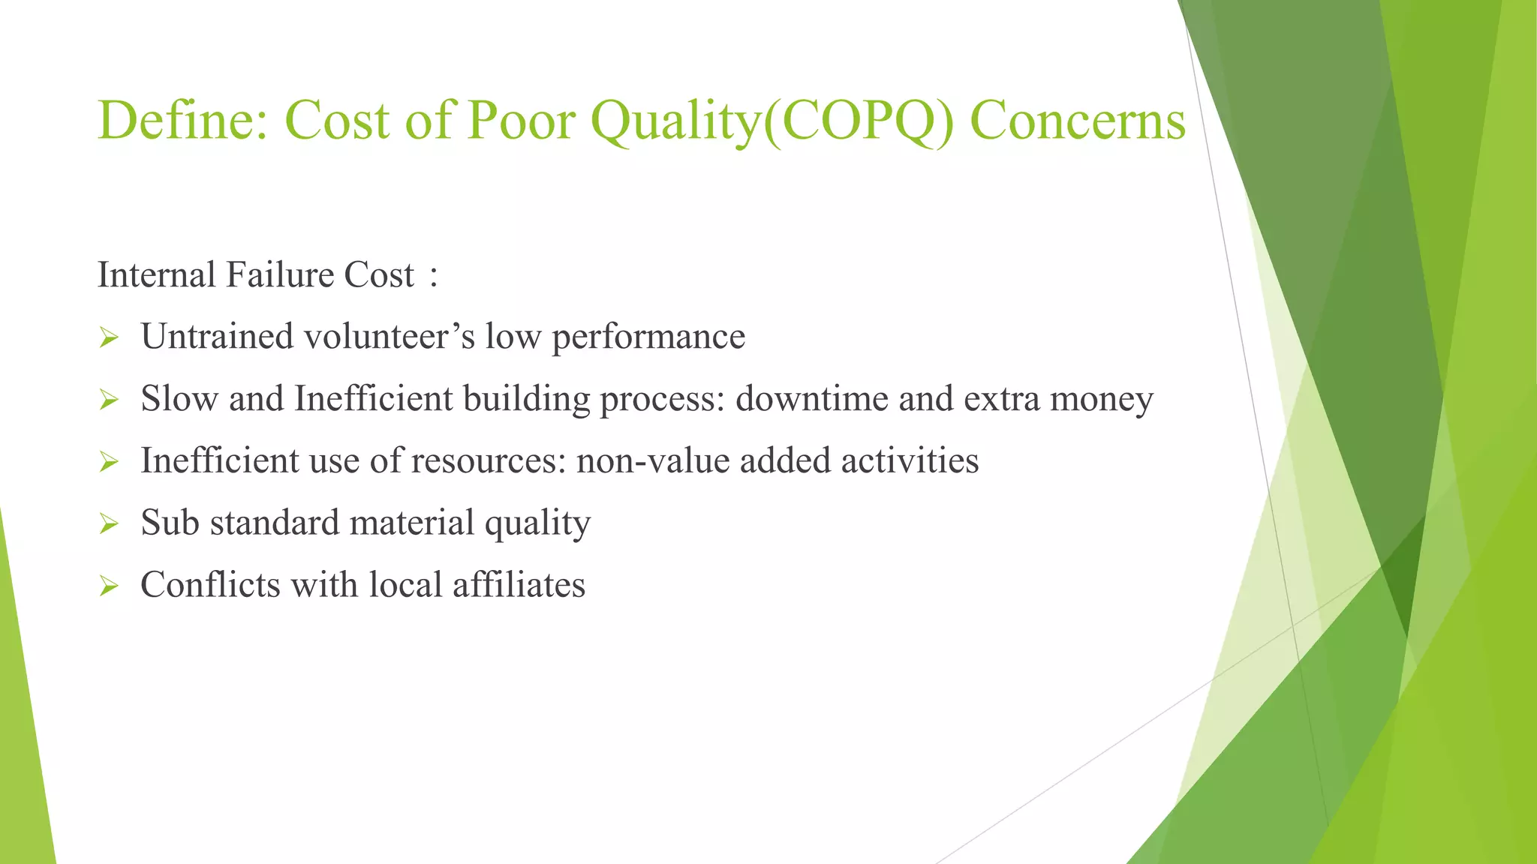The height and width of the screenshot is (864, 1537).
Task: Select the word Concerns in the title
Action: [x=1078, y=121]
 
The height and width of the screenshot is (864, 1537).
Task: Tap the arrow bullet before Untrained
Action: [x=109, y=338]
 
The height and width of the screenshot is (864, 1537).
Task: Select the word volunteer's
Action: [x=389, y=336]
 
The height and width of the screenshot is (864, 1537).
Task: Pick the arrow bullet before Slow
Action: [x=109, y=400]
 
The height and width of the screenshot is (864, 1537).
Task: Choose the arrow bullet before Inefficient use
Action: [x=109, y=463]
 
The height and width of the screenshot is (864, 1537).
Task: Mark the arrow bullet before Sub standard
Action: [x=109, y=525]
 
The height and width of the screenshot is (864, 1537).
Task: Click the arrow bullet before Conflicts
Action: [x=109, y=587]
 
